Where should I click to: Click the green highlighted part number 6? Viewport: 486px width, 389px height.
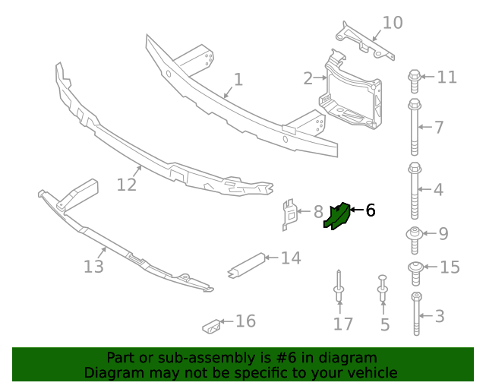tap(335, 216)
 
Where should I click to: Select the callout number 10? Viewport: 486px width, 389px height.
tap(392, 23)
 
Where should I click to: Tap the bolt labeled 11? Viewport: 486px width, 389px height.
tap(415, 77)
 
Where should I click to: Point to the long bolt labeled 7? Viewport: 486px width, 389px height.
tap(415, 125)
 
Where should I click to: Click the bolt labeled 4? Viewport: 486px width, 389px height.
tap(415, 188)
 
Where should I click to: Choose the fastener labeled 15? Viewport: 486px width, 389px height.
tap(416, 268)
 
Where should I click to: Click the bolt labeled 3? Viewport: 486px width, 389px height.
tap(417, 313)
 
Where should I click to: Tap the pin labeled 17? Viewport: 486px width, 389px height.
tap(338, 286)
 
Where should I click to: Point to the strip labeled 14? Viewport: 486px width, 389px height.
tap(246, 264)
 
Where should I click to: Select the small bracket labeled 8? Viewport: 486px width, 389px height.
tap(288, 213)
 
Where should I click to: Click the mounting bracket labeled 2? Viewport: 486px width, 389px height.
tap(352, 91)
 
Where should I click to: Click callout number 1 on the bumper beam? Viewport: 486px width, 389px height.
tap(238, 79)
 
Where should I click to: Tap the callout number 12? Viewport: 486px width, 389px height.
tap(126, 184)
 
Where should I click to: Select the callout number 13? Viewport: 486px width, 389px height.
tap(93, 267)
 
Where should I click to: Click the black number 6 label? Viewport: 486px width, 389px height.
tap(370, 210)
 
